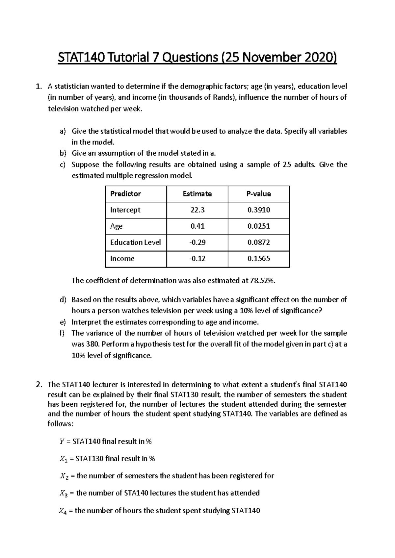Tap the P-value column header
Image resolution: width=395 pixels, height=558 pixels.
(x=258, y=194)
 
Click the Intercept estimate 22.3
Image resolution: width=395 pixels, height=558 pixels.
(x=197, y=210)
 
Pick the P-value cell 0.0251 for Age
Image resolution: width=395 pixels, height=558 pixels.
(x=258, y=226)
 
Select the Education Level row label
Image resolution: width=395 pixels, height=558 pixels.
(x=135, y=242)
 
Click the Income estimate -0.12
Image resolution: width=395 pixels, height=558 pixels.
(x=197, y=259)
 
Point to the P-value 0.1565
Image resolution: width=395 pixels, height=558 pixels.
(x=258, y=259)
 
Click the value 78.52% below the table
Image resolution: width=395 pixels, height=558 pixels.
(x=262, y=281)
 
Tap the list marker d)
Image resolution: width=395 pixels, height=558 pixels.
(x=63, y=300)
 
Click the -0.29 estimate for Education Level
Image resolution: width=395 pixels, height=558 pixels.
(x=197, y=242)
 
